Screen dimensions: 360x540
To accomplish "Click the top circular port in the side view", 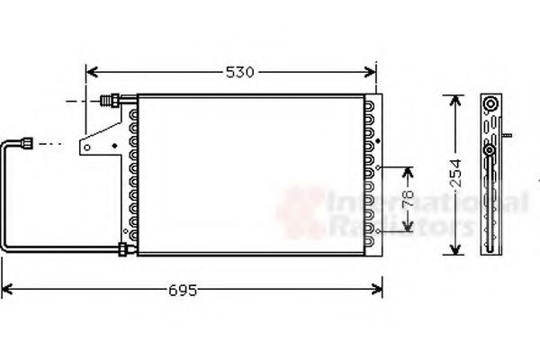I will point(490,104).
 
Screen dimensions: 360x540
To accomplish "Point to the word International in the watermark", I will point(427,202).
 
